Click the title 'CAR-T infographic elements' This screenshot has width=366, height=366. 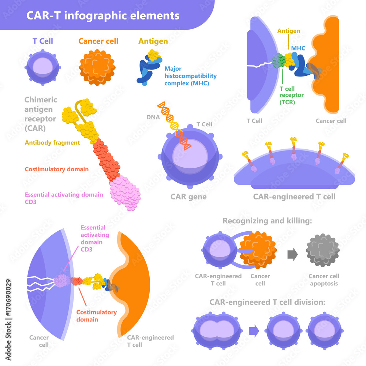pos(103,16)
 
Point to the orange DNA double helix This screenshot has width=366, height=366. pos(174,125)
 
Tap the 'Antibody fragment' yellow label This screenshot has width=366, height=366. pos(52,143)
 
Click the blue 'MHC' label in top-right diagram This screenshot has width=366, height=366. pos(298,48)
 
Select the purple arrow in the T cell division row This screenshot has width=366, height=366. pos(254,331)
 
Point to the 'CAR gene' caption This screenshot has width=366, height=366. pos(188,197)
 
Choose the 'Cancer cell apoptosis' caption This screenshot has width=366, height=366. pos(324,280)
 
